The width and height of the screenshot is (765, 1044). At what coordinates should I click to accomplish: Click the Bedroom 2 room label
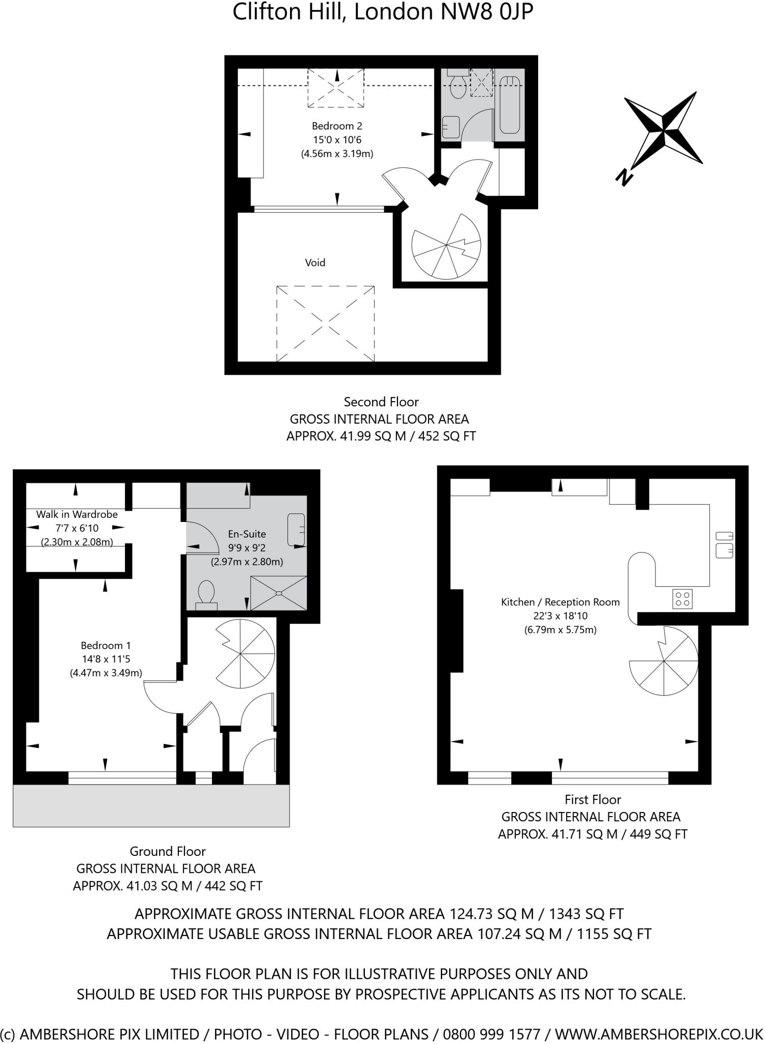[x=337, y=126]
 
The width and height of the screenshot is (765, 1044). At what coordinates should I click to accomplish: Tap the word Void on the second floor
[x=315, y=263]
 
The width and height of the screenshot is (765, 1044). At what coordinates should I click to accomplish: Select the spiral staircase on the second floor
[x=446, y=246]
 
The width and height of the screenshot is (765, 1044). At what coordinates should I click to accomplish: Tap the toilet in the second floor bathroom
[x=458, y=85]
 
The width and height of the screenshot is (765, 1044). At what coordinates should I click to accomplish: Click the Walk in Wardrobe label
[x=77, y=514]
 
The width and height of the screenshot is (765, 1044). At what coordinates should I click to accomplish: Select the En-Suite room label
[x=247, y=534]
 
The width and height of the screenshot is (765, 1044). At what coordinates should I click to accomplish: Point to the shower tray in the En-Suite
[x=278, y=593]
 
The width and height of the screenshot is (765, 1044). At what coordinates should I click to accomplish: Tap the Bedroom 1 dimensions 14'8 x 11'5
[x=106, y=659]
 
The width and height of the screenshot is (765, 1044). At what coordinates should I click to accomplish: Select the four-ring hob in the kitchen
[x=682, y=598]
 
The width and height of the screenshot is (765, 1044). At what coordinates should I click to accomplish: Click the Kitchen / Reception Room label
[x=560, y=602]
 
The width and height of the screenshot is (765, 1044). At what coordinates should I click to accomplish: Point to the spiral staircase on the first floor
[x=664, y=661]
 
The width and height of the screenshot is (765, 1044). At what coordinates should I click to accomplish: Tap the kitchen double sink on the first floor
[x=724, y=544]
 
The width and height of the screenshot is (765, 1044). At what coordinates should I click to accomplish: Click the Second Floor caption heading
[x=381, y=402]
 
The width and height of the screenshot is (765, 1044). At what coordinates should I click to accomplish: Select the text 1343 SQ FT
[x=586, y=913]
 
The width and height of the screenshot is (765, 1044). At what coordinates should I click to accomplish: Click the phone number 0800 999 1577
[x=491, y=1034]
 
